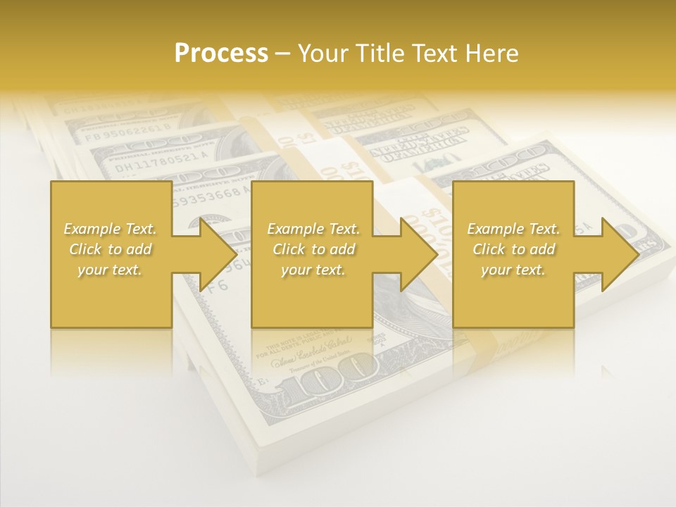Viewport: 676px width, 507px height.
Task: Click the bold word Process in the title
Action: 221,54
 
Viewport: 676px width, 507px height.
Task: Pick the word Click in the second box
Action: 288,249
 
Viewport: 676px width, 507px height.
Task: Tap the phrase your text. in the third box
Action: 513,270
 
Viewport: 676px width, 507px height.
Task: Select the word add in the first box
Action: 139,249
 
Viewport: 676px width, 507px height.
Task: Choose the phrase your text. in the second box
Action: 313,270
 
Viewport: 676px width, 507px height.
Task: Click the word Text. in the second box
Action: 342,229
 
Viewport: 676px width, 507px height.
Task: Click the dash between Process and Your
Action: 282,54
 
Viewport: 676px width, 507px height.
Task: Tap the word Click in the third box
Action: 488,249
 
